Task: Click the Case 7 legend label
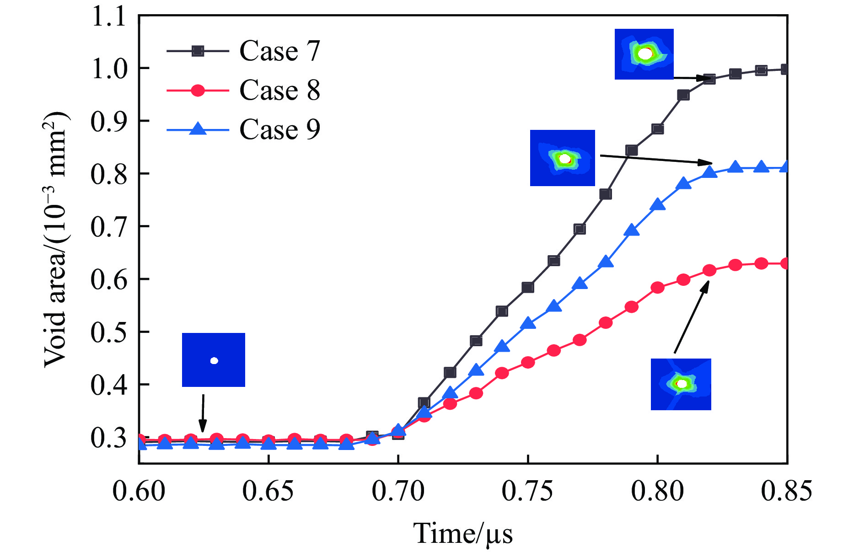coord(279,51)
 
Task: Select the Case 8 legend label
coord(279,90)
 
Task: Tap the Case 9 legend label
coord(279,129)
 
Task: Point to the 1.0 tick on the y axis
coord(108,69)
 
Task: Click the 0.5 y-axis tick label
coord(108,332)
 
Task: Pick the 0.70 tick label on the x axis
coord(398,492)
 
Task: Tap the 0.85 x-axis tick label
coord(786,492)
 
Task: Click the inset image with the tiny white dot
coord(214,360)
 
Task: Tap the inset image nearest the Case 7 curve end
coord(644,54)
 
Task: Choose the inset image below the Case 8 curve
coord(681,384)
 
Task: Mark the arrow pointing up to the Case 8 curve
coord(691,317)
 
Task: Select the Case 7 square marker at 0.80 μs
coord(658,129)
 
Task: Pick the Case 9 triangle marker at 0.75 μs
coord(528,323)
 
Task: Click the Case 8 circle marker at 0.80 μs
coord(658,288)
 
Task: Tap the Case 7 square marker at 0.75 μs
coord(528,287)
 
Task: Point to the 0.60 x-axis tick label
coord(139,492)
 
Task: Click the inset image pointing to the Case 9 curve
coord(563,158)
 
